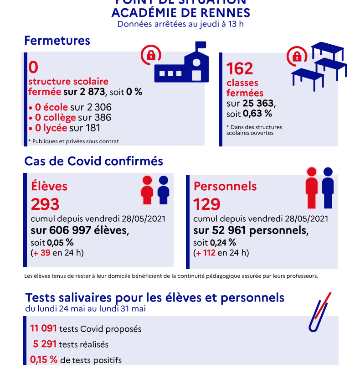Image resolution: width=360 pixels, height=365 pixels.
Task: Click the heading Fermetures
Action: coord(57,41)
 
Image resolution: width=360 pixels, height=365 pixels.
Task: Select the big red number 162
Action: coord(240,69)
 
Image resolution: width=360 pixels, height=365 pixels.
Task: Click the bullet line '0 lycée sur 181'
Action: coord(64,128)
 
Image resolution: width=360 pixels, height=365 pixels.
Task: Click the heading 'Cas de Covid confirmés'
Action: coord(93,162)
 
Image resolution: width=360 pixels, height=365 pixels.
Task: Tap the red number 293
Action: coord(45,204)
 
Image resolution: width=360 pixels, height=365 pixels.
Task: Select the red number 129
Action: coord(207,204)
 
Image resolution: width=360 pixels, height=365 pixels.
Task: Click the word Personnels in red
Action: coord(225,186)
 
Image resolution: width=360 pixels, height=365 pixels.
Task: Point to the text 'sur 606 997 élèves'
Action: coord(79,230)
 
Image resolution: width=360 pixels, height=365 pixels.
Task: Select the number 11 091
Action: coord(43,328)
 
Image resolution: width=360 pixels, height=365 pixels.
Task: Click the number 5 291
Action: coord(45,344)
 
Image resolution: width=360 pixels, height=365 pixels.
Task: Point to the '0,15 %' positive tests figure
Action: coord(44,360)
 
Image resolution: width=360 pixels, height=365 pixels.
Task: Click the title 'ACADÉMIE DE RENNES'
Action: coord(180,12)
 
